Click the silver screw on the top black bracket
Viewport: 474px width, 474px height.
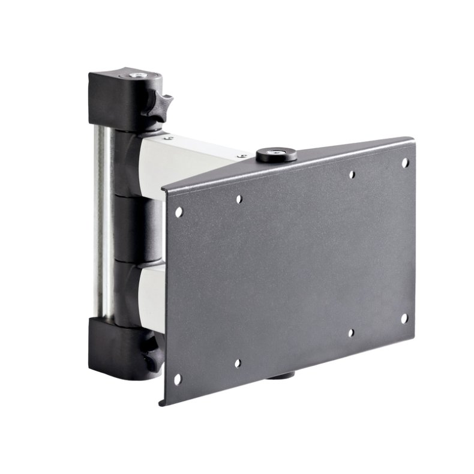139,76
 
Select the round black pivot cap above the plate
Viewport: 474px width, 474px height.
277,155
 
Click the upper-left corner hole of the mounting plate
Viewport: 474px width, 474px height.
179,211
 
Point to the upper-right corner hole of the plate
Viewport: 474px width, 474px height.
405,163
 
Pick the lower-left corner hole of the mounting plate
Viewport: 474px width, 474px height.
178,379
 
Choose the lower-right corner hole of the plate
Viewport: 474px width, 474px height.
404,319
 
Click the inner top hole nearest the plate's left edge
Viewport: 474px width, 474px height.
239,198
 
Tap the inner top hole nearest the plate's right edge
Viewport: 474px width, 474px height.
352,175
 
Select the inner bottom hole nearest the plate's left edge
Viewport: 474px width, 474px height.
238,363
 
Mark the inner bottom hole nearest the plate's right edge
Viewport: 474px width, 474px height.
352,332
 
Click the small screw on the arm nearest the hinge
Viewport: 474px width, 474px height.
170,139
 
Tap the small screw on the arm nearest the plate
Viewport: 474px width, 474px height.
243,156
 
